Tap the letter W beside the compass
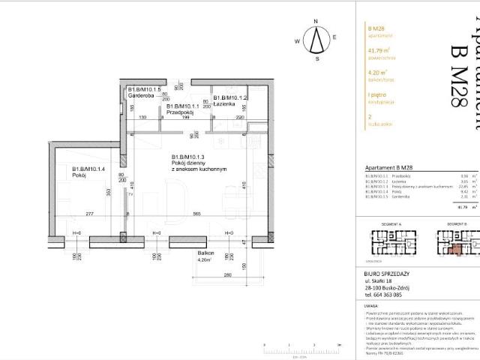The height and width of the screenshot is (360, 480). pos(298,41)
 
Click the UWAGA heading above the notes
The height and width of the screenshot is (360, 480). pos(370,327)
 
